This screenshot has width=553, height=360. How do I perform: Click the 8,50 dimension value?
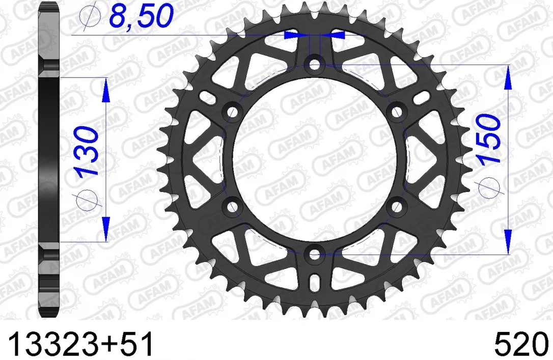pyautogui.click(x=142, y=15)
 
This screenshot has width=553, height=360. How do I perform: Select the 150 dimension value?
pyautogui.click(x=489, y=139)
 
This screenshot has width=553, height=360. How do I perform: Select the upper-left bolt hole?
pyautogui.click(x=232, y=112)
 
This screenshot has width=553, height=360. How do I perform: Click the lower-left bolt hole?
pyautogui.click(x=232, y=207)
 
